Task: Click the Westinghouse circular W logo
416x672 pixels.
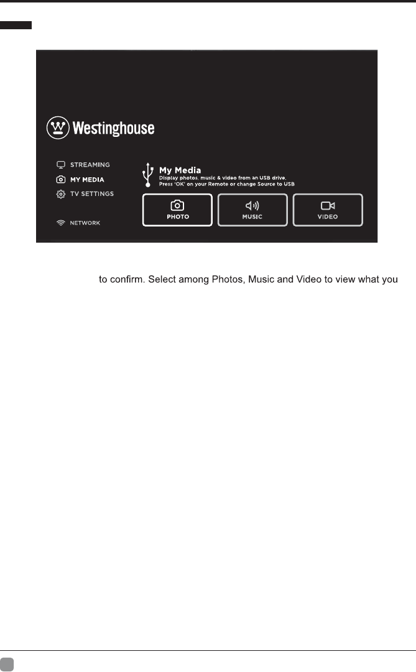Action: [x=58, y=128]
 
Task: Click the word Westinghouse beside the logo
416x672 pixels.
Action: [x=114, y=129]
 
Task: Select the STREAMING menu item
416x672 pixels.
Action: [x=90, y=165]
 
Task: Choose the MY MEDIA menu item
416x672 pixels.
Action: [x=87, y=179]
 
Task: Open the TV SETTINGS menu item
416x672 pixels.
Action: [x=92, y=194]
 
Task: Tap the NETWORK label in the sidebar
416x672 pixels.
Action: [x=85, y=223]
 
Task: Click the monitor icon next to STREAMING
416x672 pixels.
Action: [x=61, y=165]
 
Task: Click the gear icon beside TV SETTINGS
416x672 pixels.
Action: [x=61, y=194]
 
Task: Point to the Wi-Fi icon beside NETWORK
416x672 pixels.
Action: [x=61, y=223]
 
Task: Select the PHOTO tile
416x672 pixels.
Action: [x=177, y=210]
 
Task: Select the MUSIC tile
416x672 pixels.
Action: [x=252, y=210]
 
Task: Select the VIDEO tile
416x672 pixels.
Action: [x=328, y=210]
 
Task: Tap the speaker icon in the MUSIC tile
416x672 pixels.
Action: [x=252, y=205]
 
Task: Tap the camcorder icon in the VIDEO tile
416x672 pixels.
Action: [x=328, y=205]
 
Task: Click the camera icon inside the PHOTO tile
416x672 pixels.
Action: [x=177, y=205]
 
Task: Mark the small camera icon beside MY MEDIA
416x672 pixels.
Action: [x=61, y=179]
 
